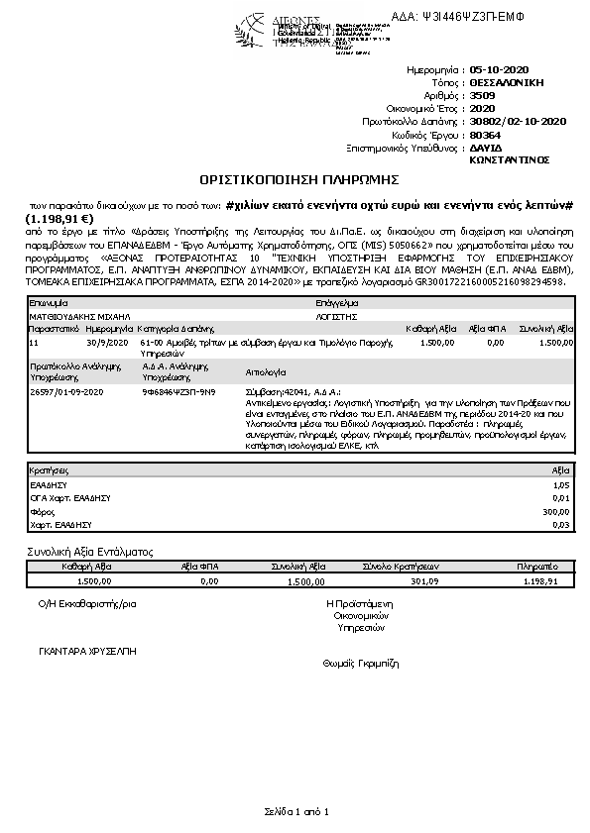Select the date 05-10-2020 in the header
tap(503, 72)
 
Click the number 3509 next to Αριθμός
tap(483, 96)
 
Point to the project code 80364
tap(485, 134)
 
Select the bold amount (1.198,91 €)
tap(59, 218)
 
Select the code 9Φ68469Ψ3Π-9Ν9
tap(178, 391)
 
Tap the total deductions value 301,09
tap(411, 581)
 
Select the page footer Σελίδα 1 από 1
tap(295, 812)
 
